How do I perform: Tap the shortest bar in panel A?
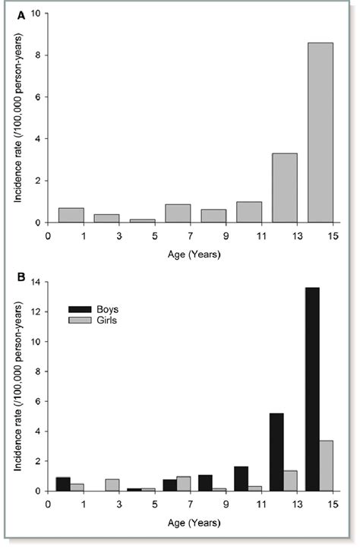[142, 221]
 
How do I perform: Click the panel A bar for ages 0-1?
[71, 215]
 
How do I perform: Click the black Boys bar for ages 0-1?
[64, 484]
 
